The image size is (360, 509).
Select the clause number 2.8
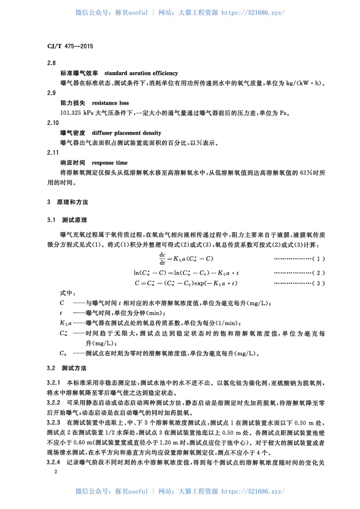52,63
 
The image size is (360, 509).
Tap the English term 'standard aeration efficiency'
141,73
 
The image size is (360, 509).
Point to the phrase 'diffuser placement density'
126,133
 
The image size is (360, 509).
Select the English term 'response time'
109,163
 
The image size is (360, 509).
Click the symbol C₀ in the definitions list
63,353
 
